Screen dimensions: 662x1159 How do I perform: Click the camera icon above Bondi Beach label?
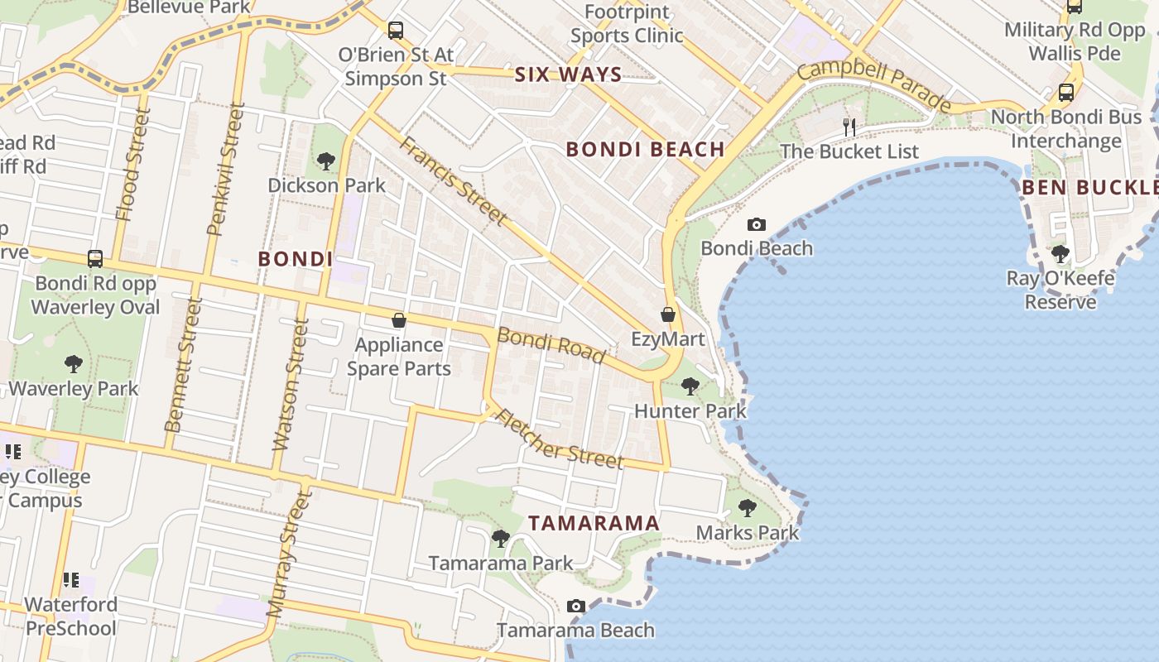click(756, 224)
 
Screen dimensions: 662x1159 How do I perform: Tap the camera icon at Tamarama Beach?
click(576, 607)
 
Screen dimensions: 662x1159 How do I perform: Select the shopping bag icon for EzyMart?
click(668, 314)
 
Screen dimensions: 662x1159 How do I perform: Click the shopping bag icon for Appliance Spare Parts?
click(399, 320)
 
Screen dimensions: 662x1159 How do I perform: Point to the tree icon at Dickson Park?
click(326, 161)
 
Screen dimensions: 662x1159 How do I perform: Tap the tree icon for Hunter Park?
click(690, 386)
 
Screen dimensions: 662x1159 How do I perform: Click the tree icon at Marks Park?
click(748, 507)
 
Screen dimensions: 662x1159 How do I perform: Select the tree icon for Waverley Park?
click(74, 363)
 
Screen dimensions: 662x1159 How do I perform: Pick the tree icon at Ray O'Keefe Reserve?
click(1060, 253)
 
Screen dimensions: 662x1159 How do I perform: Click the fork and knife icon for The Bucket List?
click(849, 127)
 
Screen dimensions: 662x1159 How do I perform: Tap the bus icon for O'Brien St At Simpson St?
click(396, 31)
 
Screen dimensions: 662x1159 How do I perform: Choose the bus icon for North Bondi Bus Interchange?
click(1066, 92)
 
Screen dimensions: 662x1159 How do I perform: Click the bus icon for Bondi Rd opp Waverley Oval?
click(95, 258)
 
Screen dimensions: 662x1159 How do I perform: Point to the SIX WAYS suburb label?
click(568, 74)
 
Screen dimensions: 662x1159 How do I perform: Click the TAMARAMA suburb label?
click(594, 523)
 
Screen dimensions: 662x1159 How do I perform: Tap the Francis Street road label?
click(453, 180)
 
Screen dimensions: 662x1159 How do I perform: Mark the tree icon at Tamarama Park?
click(500, 539)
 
